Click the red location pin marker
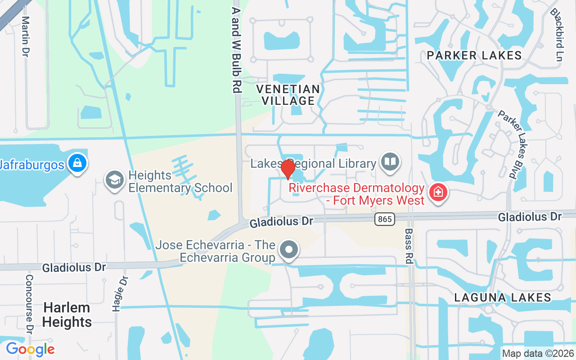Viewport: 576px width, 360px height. click(288, 169)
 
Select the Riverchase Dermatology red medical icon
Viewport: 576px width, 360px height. click(436, 193)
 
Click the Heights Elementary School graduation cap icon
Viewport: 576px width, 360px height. click(114, 180)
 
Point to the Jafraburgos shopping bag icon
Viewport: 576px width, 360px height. click(77, 163)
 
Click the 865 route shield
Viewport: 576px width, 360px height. click(384, 219)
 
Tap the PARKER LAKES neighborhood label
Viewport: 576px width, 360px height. click(474, 55)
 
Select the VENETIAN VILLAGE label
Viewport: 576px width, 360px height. click(288, 95)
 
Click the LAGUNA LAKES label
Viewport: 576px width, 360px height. click(503, 297)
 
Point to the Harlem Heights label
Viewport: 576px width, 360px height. click(67, 315)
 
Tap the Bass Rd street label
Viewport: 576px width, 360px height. click(409, 246)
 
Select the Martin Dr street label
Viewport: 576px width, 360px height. click(26, 37)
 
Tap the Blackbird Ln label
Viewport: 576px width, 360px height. click(557, 35)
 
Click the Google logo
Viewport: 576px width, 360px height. click(30, 349)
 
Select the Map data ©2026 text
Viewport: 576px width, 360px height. click(538, 353)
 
